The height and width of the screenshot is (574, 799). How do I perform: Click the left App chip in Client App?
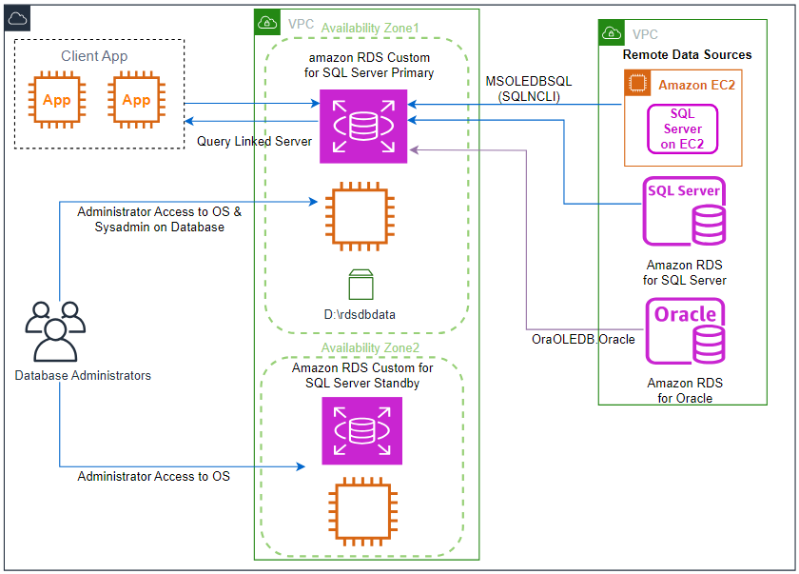pos(56,99)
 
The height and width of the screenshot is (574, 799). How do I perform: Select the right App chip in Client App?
pos(136,99)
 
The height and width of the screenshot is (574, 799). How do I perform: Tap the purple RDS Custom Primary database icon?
pos(363,127)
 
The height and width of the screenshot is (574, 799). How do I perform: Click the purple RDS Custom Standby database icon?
pos(361,431)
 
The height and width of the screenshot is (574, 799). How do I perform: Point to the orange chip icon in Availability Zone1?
pos(361,217)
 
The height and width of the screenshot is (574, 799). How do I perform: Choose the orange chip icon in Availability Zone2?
pos(362,511)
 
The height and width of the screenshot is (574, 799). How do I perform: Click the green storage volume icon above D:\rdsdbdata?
pos(361,285)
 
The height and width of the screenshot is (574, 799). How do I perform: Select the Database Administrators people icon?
pos(55,331)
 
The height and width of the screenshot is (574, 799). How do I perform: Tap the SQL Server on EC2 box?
pos(682,129)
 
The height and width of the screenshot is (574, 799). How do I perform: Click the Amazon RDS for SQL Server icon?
pos(684,211)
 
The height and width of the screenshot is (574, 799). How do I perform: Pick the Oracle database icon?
pos(686,331)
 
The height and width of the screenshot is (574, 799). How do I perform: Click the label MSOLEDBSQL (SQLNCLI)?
pos(529,89)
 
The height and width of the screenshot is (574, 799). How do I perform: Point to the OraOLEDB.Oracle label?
pos(583,340)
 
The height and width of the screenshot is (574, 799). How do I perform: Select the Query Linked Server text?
pos(254,141)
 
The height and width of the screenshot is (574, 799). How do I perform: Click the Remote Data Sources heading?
pos(687,54)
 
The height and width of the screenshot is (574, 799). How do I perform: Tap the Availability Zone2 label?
pos(370,347)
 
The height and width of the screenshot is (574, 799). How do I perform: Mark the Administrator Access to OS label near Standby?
pos(153,476)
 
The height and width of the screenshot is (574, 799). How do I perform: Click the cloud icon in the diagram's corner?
pos(17,19)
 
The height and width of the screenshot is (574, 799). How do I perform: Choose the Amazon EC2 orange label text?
pos(696,85)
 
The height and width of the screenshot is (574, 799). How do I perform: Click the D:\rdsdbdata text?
pos(360,314)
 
